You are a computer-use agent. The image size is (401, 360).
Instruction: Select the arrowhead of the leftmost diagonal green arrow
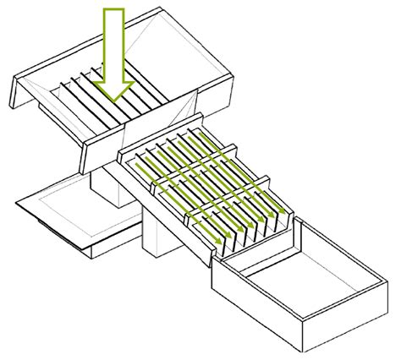coord(218,243)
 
